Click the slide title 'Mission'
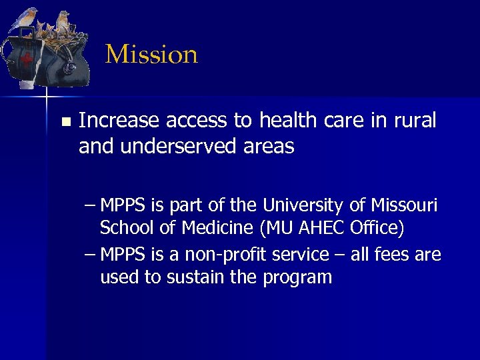(151, 55)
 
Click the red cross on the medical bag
(27, 59)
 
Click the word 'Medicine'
(217, 228)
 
